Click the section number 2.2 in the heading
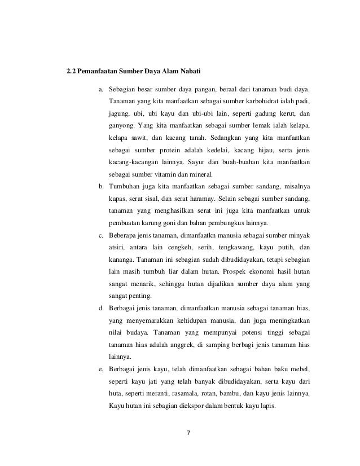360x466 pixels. point(72,73)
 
